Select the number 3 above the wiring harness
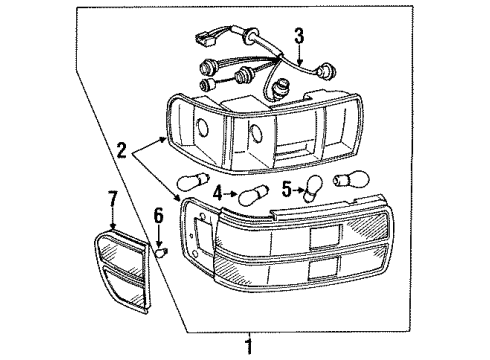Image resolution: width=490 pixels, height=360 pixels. click(x=299, y=38)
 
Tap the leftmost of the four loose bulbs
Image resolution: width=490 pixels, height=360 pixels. click(x=188, y=183)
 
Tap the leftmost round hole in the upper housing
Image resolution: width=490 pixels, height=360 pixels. click(x=200, y=127)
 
